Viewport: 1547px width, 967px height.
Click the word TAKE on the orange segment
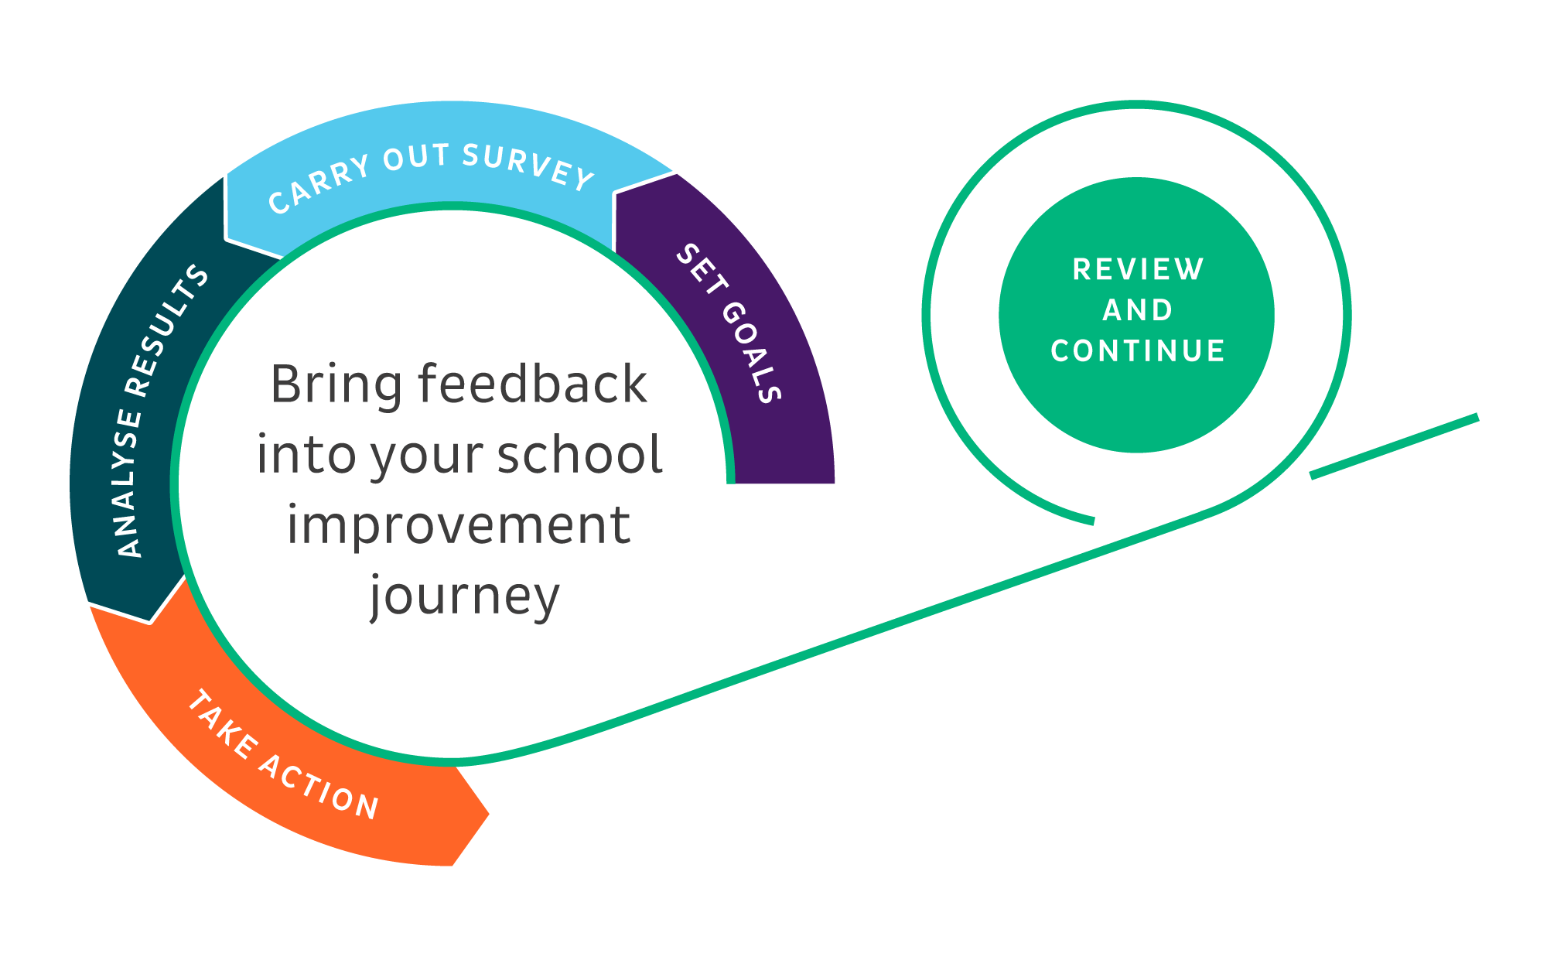click(223, 724)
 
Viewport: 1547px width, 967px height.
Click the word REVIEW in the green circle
click(1138, 270)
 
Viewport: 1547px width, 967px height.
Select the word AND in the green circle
click(1138, 310)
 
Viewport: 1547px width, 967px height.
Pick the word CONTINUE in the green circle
click(1138, 351)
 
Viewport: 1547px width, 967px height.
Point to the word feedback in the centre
click(532, 384)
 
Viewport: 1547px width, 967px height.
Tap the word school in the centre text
click(579, 455)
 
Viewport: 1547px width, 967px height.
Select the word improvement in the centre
click(459, 526)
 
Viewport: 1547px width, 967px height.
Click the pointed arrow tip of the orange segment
click(487, 814)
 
